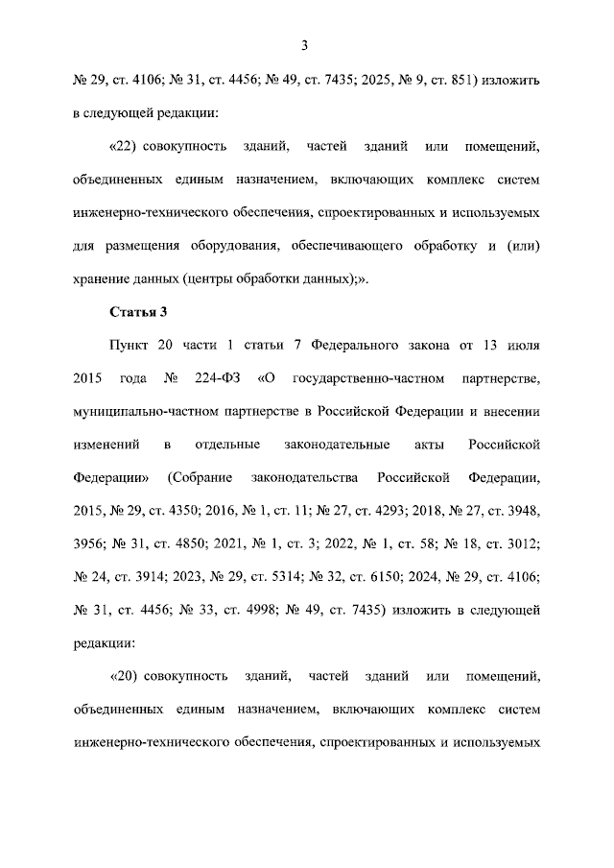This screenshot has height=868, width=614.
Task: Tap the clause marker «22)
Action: pos(128,147)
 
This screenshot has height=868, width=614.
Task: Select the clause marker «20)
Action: pos(128,677)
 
